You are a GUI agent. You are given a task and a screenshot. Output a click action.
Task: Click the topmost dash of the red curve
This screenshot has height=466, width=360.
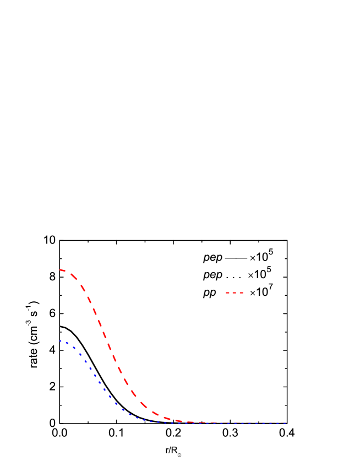click(x=63, y=270)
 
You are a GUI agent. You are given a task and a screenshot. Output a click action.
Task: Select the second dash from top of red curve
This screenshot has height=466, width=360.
click(x=74, y=277)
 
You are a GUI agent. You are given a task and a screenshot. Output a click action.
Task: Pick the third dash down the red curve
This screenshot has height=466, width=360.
click(x=83, y=288)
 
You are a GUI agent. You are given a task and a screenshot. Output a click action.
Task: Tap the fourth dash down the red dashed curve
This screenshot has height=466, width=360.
click(x=89, y=300)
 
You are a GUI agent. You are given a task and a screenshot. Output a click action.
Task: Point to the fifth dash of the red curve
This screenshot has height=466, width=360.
click(x=95, y=311)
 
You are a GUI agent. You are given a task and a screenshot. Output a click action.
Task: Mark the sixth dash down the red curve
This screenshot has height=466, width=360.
click(x=100, y=323)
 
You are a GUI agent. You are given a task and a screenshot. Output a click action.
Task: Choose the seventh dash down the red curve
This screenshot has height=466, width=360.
click(x=105, y=335)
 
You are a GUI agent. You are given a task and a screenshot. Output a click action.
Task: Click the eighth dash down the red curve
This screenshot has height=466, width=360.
click(x=110, y=346)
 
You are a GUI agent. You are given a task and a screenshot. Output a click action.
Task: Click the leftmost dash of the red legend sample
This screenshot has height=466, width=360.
click(x=228, y=292)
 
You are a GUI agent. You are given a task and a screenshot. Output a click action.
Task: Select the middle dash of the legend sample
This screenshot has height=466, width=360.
click(x=234, y=292)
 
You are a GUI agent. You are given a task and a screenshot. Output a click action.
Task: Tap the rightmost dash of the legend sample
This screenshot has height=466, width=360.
click(x=241, y=292)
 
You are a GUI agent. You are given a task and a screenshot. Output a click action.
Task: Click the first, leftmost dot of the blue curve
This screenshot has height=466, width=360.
click(x=61, y=341)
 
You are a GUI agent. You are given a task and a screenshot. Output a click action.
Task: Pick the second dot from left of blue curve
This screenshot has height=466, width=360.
click(x=67, y=343)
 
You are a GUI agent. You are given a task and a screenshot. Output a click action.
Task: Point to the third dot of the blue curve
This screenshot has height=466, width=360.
click(x=74, y=348)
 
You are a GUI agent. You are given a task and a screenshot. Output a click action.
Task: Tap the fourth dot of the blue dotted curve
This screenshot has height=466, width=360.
click(x=80, y=354)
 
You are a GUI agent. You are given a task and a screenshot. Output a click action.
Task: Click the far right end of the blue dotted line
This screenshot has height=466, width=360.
click(x=286, y=423)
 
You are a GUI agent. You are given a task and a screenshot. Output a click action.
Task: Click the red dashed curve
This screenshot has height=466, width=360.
click(x=105, y=335)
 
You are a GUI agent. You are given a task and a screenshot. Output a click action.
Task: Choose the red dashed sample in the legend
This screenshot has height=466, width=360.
click(x=234, y=292)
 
